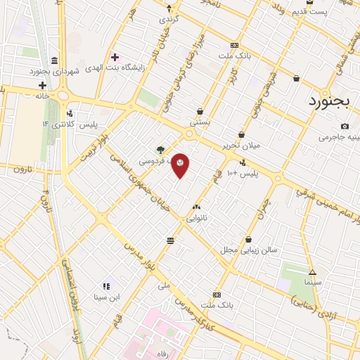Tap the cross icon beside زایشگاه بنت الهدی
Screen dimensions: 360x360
[x=115, y=56]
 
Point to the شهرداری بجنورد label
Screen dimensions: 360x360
[x=47, y=71]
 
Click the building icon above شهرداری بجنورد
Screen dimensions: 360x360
[x=55, y=58]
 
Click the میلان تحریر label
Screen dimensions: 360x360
[x=240, y=146]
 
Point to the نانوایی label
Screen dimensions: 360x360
[x=196, y=219]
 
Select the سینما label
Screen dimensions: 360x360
[x=312, y=282]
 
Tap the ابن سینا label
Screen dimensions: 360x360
[x=106, y=297]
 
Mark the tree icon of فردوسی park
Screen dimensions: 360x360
[x=160, y=149]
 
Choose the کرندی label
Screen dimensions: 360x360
[x=169, y=19]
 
